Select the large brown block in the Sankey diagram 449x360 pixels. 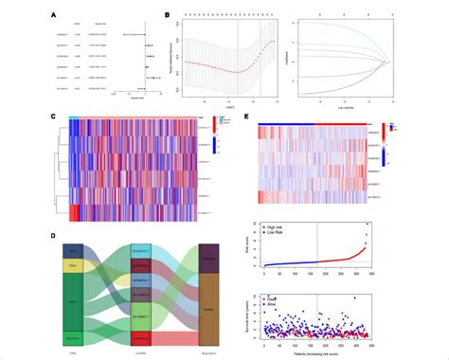tap(207, 307)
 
